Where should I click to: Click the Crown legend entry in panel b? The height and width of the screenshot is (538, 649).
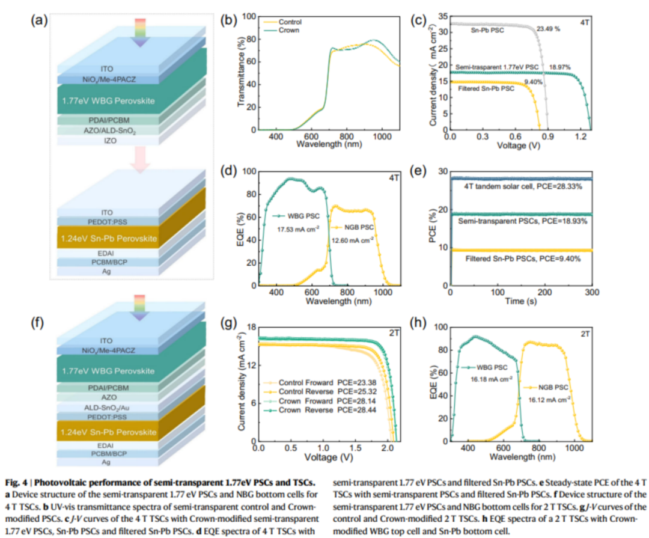coord(288,29)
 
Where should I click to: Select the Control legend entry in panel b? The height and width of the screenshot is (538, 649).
coord(290,22)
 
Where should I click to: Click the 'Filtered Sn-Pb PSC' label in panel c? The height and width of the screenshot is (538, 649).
coord(483,89)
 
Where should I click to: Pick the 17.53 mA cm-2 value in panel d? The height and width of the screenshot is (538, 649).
coord(288,228)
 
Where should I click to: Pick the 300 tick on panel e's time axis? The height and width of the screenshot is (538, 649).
coord(592,292)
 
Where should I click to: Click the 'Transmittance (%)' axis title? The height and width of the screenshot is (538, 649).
coord(242,72)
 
